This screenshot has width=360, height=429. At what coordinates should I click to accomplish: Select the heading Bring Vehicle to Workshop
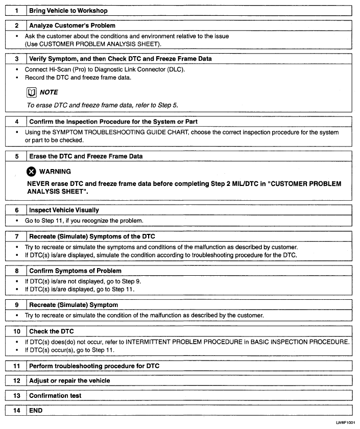click(68, 10)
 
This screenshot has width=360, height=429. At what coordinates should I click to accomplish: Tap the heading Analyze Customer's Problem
click(72, 25)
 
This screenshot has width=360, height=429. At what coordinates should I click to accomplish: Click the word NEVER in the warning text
click(39, 183)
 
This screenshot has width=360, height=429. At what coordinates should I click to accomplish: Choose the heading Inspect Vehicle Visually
click(64, 210)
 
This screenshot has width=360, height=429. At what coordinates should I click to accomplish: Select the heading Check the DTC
click(52, 331)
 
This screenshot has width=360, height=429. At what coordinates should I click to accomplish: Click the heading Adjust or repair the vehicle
click(69, 380)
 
